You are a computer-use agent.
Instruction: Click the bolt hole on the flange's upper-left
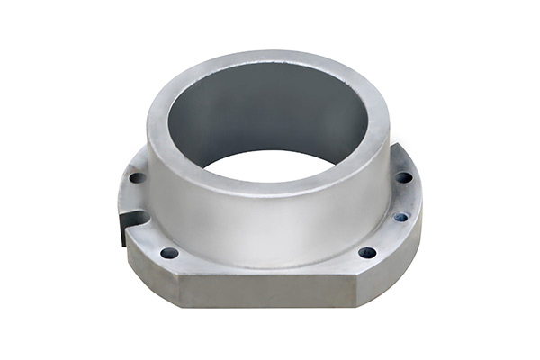pos(137,177)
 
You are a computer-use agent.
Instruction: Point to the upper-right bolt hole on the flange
pos(404,177)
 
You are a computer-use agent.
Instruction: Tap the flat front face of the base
pos(270,290)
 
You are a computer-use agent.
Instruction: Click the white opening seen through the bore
pos(270,166)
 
